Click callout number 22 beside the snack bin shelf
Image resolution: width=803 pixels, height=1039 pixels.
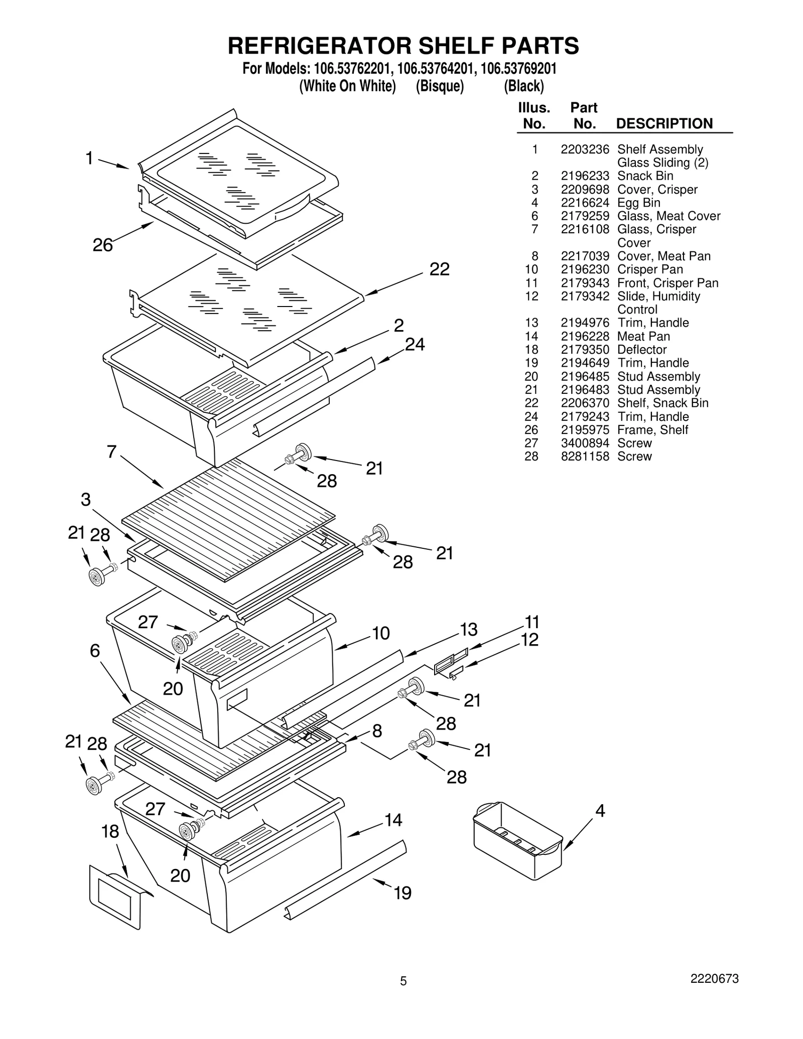coord(439,269)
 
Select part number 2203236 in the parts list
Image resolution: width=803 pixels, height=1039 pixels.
coord(585,150)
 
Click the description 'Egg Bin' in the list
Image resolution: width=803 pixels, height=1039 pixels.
coord(638,203)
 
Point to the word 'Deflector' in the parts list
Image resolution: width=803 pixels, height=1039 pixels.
coord(642,350)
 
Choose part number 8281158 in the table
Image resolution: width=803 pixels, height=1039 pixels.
coord(585,457)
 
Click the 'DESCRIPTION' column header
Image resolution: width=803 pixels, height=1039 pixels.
coord(664,124)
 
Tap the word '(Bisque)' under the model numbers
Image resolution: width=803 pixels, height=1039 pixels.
coord(440,86)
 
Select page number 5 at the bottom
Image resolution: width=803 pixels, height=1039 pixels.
coord(403,981)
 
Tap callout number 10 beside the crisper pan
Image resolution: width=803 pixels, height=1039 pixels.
coord(381,633)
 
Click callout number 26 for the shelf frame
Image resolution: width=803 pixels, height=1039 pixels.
coord(103,245)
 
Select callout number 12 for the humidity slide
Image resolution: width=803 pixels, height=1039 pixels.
coord(529,640)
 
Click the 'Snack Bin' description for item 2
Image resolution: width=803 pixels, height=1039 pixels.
coord(645,176)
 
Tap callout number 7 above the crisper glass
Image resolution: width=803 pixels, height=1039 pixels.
coord(111,452)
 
